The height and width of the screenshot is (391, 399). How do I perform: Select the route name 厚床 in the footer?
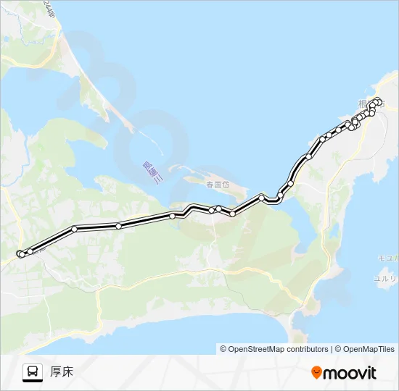(62, 372)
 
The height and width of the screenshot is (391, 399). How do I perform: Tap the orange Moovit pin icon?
(316, 373)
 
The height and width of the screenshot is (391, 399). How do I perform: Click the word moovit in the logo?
(350, 373)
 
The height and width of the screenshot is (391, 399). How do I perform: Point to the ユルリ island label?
(385, 278)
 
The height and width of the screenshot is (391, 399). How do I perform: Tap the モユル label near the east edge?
(387, 258)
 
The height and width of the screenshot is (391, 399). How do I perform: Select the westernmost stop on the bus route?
(19, 253)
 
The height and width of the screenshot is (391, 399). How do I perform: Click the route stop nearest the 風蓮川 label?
(173, 216)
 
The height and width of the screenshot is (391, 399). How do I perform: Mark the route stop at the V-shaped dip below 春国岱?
(232, 214)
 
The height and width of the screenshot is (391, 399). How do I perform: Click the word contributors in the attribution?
(306, 349)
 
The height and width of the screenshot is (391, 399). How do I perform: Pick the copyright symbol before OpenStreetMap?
(223, 349)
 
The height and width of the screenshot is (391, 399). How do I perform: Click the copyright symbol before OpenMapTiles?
(337, 349)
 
